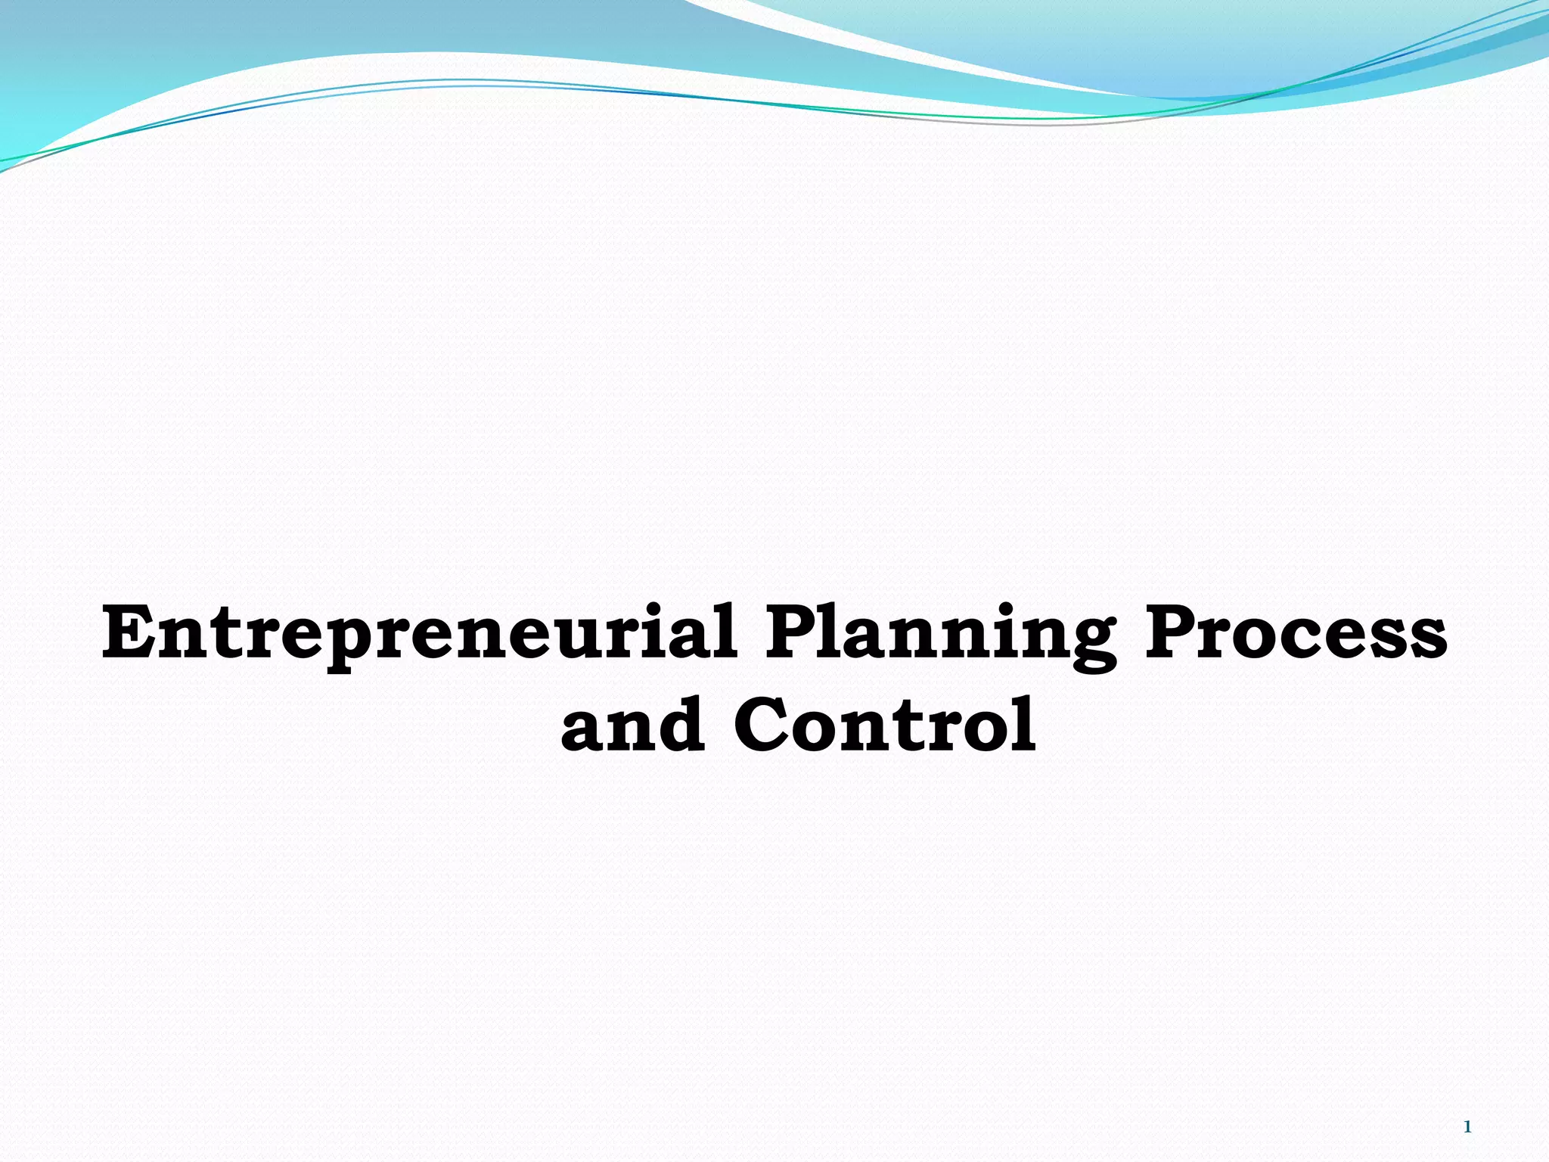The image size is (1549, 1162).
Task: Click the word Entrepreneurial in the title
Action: pos(420,634)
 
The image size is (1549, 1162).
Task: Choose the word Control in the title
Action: pos(885,725)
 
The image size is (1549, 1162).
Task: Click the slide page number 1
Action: pos(1467,1127)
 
